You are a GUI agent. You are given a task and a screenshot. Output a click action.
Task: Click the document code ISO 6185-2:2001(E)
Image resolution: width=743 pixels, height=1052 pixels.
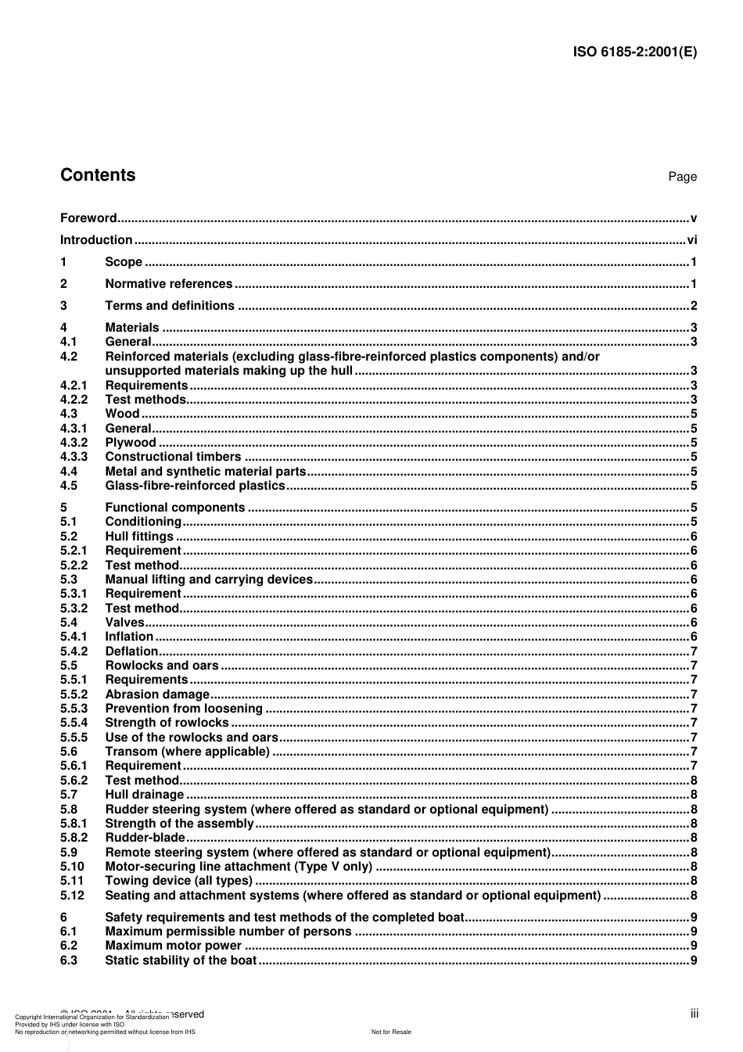(635, 52)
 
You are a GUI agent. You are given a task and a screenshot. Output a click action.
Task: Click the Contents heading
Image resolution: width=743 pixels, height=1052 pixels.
(98, 175)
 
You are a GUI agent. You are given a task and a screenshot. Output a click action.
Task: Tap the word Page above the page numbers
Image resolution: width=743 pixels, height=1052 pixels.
(682, 177)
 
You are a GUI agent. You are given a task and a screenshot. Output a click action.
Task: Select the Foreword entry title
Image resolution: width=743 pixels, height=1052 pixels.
(88, 218)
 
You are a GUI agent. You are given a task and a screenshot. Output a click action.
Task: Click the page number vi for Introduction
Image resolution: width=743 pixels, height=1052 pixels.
(691, 240)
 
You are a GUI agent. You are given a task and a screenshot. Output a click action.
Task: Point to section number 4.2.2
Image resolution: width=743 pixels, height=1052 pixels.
(74, 400)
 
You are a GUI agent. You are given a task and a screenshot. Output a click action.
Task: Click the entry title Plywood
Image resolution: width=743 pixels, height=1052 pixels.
(131, 443)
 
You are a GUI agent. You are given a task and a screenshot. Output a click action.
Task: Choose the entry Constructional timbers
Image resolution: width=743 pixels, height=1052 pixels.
(173, 457)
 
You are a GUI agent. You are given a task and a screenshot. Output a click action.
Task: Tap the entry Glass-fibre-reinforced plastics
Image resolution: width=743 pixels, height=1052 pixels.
(195, 486)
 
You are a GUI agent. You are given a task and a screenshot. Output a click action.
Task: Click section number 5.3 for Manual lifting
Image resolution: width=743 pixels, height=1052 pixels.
(69, 580)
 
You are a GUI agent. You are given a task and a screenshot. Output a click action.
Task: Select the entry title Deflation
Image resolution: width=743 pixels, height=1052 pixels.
(131, 652)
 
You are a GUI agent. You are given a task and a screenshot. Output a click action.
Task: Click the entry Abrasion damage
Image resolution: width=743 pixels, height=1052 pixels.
(157, 695)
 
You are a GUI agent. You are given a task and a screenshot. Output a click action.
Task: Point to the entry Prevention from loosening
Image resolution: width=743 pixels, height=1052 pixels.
(184, 709)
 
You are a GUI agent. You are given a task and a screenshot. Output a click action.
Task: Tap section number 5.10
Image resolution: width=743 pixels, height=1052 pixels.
(72, 867)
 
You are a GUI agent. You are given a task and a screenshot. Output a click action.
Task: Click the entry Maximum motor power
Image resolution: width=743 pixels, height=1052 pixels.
(173, 946)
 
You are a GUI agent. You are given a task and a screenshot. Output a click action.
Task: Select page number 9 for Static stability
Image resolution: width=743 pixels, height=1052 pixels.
(694, 960)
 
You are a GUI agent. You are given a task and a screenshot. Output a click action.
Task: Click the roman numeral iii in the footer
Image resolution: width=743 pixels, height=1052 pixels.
(695, 1014)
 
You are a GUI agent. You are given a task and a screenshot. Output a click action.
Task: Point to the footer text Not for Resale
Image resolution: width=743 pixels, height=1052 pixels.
(391, 1032)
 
